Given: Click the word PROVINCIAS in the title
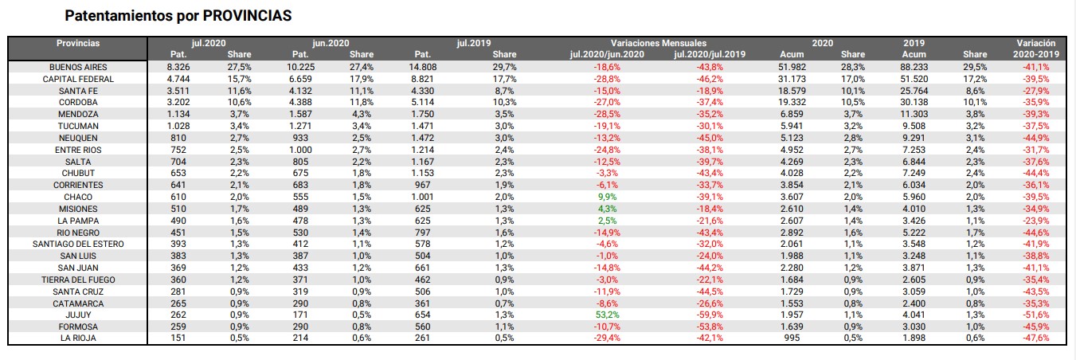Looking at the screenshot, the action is (247, 15).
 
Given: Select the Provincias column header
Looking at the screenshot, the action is (78, 43).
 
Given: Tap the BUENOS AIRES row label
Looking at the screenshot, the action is (78, 67).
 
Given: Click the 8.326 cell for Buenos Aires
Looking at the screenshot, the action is (178, 67).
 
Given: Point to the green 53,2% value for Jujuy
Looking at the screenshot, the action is (607, 315).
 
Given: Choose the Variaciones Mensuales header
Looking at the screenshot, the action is (658, 43).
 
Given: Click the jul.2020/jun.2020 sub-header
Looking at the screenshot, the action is (607, 54).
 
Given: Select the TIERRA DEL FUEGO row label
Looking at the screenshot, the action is (78, 280).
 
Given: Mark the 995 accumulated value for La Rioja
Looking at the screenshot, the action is (792, 338).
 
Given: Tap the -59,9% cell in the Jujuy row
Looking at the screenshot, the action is (710, 315).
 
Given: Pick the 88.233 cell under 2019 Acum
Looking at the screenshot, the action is (914, 67).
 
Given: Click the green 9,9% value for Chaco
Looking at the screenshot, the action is (607, 197).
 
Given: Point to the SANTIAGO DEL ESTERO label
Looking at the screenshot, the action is (78, 244).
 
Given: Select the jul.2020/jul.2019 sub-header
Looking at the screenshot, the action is (710, 54).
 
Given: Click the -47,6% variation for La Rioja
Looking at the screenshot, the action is (1035, 338).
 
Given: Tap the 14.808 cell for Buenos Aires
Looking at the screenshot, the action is (423, 67).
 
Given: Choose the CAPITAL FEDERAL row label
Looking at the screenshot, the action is (78, 79).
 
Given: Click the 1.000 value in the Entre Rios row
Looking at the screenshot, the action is (300, 150).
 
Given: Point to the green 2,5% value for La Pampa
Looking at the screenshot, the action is (607, 221).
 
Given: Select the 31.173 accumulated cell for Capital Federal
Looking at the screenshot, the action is (792, 79).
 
